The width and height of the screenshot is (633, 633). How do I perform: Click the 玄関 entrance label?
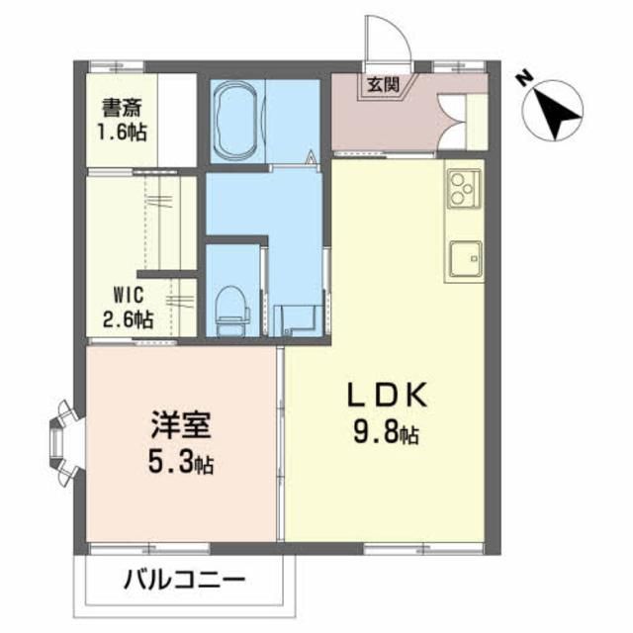(384, 85)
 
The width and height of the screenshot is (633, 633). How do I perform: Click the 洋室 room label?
(178, 430)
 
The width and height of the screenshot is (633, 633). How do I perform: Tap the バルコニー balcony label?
(185, 579)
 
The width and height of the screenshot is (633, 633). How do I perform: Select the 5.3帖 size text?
(178, 463)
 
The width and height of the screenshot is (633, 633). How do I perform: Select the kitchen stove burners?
(462, 187)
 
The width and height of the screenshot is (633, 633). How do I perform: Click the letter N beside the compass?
(525, 75)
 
